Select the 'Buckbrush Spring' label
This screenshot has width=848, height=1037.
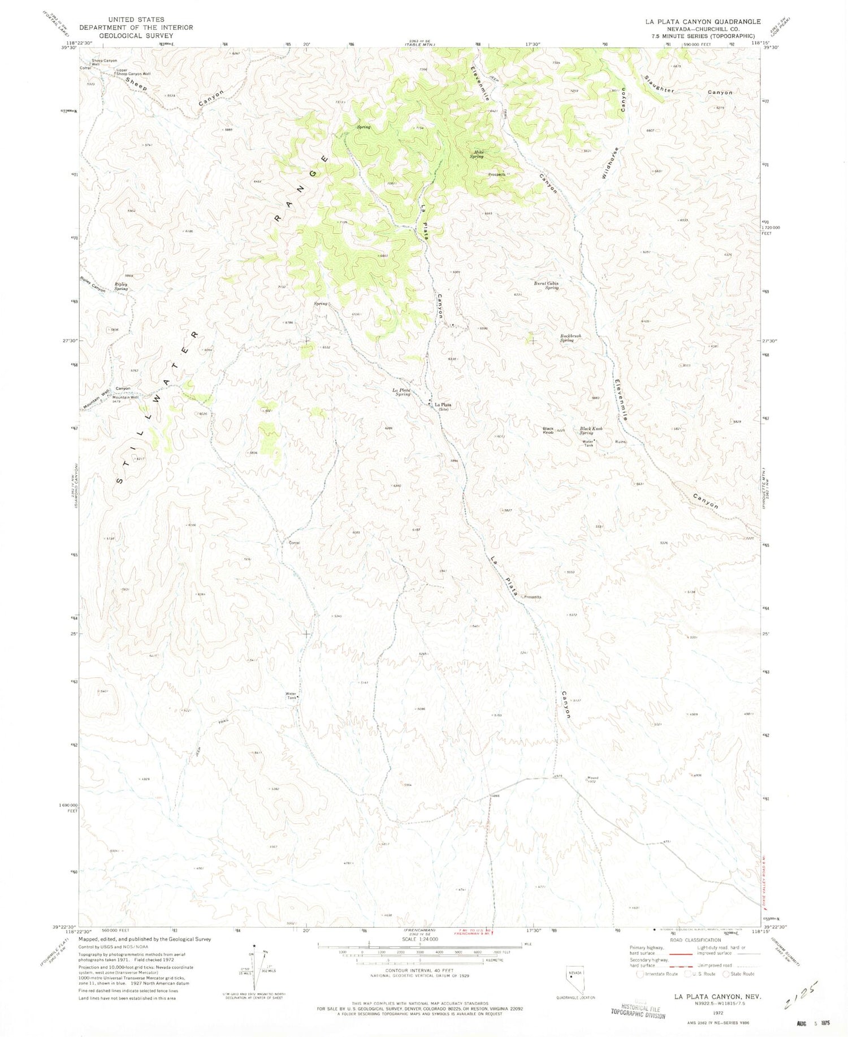point(570,338)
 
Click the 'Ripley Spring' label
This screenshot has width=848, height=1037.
point(121,286)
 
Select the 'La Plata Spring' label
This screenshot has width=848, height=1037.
point(401,392)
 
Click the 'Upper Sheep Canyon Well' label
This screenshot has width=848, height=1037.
point(133,72)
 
